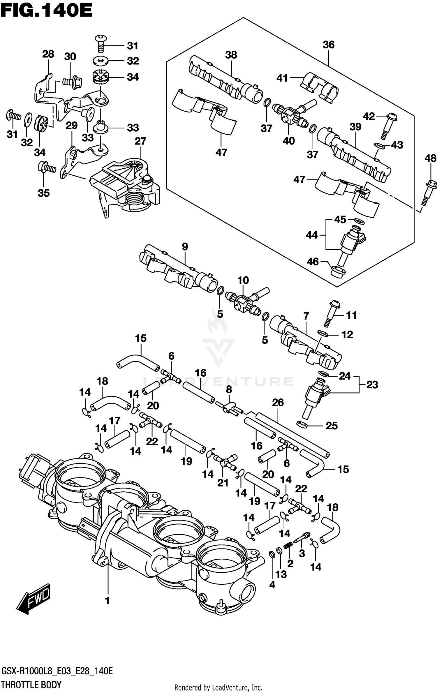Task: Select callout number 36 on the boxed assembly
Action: (x=328, y=45)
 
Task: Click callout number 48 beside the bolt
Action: (x=430, y=158)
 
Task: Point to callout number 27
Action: (x=140, y=141)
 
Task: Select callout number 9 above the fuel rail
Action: (x=185, y=246)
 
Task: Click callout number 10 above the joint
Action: (x=243, y=280)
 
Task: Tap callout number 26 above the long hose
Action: (x=278, y=402)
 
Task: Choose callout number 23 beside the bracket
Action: (x=372, y=385)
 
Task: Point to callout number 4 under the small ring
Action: (x=272, y=585)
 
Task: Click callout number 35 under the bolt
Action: (x=44, y=193)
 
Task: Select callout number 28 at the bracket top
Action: (x=48, y=54)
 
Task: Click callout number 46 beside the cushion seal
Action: (x=313, y=262)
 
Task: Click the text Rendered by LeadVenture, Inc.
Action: (x=218, y=687)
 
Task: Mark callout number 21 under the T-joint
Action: (x=223, y=483)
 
